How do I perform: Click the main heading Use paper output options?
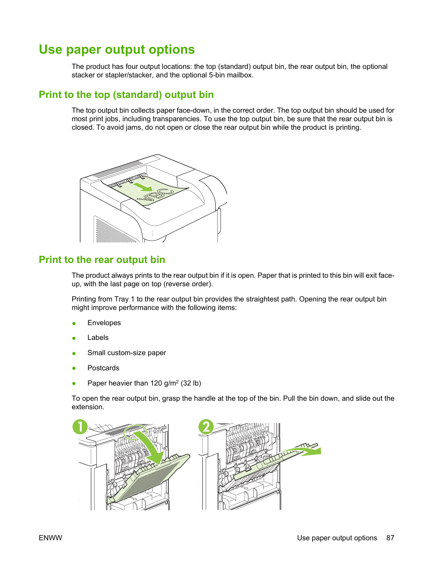click(x=117, y=50)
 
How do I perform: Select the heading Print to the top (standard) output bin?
click(x=126, y=95)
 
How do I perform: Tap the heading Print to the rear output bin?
click(x=102, y=260)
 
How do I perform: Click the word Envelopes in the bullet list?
click(x=104, y=323)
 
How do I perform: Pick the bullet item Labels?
click(x=98, y=338)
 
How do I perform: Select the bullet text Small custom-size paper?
click(x=127, y=353)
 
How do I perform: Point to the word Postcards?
click(x=103, y=368)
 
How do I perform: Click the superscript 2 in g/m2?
click(x=177, y=381)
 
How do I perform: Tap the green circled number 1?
click(x=80, y=427)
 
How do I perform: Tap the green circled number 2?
click(x=206, y=427)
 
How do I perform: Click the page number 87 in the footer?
click(x=390, y=538)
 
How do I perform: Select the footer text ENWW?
click(x=51, y=538)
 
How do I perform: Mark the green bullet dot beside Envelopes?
click(x=74, y=323)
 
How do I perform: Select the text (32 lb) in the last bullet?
click(x=191, y=383)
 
